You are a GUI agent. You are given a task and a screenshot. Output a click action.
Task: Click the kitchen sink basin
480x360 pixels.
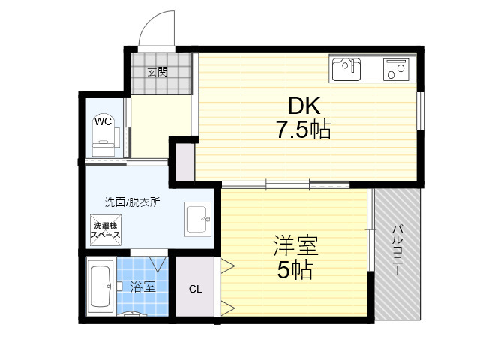(346, 70)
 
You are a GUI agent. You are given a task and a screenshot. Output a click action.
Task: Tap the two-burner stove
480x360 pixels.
(396, 70)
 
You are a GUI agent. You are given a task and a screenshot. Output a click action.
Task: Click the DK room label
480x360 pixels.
(304, 106)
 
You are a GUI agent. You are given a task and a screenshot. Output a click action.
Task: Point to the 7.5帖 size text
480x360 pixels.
(304, 130)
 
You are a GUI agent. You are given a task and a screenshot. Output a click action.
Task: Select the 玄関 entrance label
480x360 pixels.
(157, 72)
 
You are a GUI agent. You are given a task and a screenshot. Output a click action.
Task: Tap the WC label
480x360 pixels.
(103, 121)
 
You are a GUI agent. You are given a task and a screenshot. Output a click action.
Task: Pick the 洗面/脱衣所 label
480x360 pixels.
(132, 202)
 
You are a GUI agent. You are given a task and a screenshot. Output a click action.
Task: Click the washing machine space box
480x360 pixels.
(106, 230)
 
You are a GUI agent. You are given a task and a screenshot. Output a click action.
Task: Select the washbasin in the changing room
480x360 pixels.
(197, 219)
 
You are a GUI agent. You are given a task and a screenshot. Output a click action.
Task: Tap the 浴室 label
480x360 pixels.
(142, 286)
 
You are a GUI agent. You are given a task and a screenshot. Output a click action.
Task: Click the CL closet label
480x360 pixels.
(196, 289)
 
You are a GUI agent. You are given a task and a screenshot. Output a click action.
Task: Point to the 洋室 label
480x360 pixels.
(296, 245)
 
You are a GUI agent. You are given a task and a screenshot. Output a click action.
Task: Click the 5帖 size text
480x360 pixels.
(295, 270)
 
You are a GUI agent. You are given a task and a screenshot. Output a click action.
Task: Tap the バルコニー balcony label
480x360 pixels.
(397, 250)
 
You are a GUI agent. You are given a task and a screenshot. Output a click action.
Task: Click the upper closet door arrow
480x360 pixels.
(228, 265)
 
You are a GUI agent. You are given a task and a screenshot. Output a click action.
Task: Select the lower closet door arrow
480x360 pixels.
(228, 307)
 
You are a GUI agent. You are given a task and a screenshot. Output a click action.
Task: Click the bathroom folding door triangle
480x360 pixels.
(158, 264)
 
